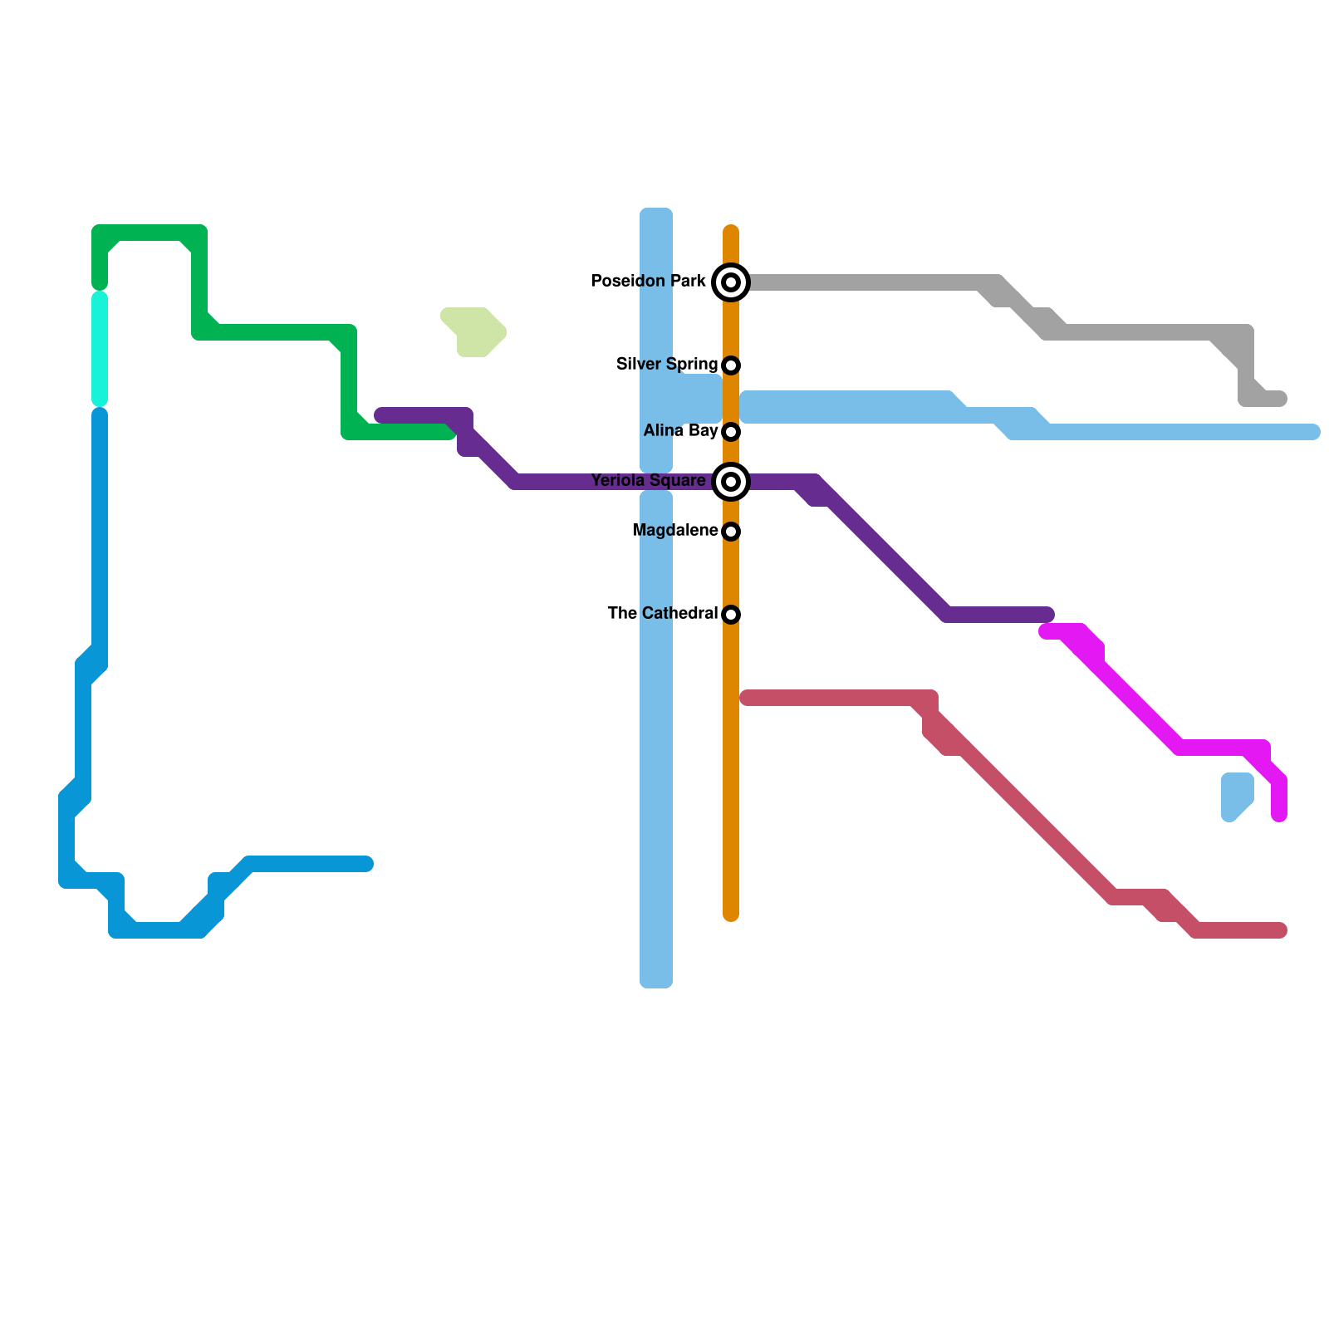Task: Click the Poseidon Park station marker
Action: coord(731,282)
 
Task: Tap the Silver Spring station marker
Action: coord(731,365)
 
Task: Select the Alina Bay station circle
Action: coord(731,432)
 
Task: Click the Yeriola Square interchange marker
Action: coord(731,482)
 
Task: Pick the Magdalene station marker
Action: coord(731,532)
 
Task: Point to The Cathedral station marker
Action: coord(731,615)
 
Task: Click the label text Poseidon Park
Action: coord(648,282)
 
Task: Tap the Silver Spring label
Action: coord(666,365)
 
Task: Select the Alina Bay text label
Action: coord(680,431)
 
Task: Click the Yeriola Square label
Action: coord(648,481)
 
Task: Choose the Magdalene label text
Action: coord(674,531)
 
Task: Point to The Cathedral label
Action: coord(662,614)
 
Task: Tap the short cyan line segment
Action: coord(100,349)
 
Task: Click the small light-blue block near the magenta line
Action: coord(1236,796)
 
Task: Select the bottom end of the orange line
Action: coord(731,915)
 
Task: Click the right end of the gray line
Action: coord(1281,400)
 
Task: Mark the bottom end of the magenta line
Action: coord(1279,816)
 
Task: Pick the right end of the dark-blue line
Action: coord(367,865)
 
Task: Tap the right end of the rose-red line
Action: coord(1281,931)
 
